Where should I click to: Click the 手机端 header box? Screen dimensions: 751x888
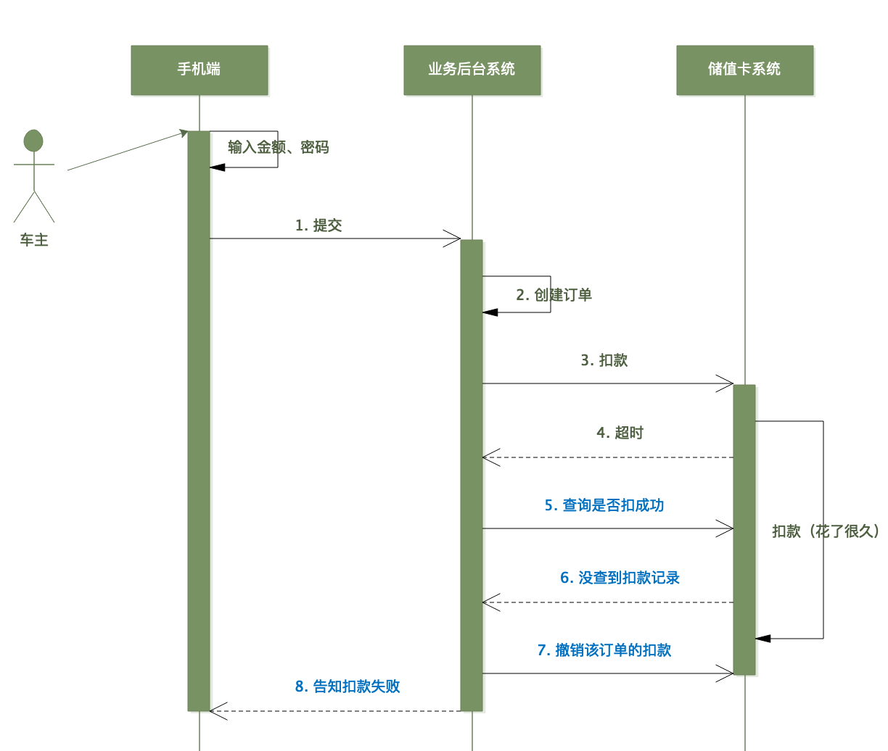coord(200,70)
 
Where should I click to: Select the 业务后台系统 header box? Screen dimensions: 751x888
coord(472,70)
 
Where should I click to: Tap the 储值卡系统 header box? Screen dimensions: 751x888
coord(744,70)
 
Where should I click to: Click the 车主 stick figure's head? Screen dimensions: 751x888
coord(33,141)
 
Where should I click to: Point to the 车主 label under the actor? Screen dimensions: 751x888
coord(34,240)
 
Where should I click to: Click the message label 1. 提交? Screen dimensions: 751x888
coord(318,225)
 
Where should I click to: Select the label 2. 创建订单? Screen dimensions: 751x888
coord(554,295)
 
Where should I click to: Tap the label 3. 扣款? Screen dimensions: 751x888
coord(604,360)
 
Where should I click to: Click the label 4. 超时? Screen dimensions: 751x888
coord(620,433)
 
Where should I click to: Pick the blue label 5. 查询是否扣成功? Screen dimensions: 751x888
coord(604,505)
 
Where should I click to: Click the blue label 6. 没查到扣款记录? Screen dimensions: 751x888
coord(620,578)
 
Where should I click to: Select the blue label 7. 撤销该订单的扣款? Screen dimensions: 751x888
coord(604,650)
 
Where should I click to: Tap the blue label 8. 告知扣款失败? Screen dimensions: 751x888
coord(348,686)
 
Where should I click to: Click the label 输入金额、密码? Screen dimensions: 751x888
coord(279,147)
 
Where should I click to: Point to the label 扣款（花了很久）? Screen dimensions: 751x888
coord(826,531)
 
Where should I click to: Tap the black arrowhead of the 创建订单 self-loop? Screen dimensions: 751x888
coord(490,312)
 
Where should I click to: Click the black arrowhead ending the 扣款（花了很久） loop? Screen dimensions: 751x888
coord(762,639)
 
